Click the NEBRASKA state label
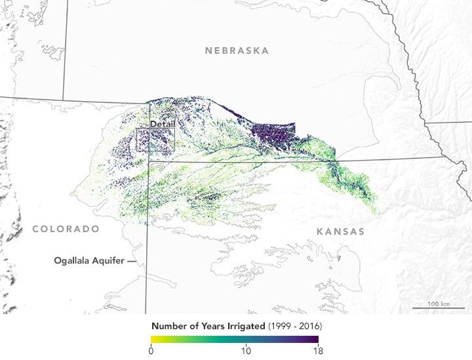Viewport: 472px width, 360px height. tap(236, 50)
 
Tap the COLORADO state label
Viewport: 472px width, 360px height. tap(66, 229)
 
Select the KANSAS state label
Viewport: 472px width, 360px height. tap(340, 232)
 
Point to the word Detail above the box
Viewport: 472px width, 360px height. tap(162, 124)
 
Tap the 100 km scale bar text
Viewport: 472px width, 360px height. tap(438, 304)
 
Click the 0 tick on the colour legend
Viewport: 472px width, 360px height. tap(151, 351)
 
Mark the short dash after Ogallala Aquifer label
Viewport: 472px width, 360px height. tap(132, 260)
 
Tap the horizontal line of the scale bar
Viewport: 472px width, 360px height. tap(438, 309)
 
